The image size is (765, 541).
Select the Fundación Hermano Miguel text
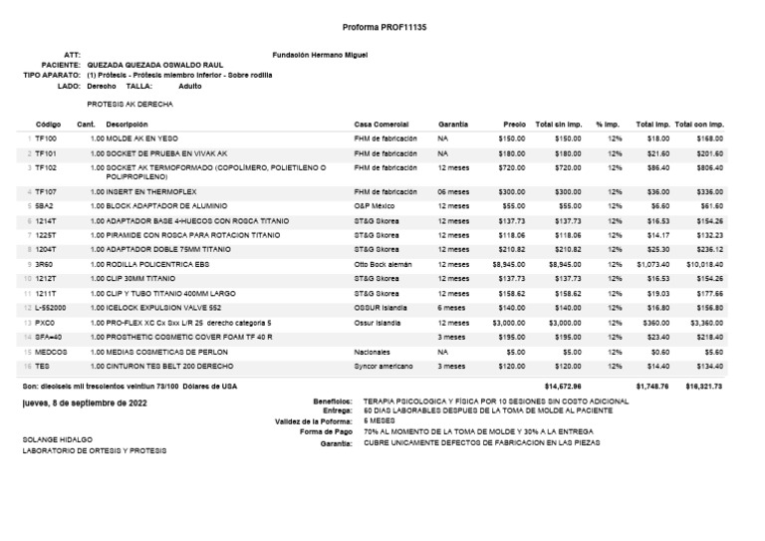320,54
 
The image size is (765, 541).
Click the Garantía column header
452,124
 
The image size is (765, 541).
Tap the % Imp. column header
608,124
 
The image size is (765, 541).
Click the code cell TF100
46,138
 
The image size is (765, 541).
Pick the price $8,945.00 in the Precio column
508,264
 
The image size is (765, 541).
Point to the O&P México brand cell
376,204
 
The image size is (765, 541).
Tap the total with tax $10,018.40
703,264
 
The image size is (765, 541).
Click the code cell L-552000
51,309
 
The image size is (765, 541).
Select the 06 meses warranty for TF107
453,190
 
